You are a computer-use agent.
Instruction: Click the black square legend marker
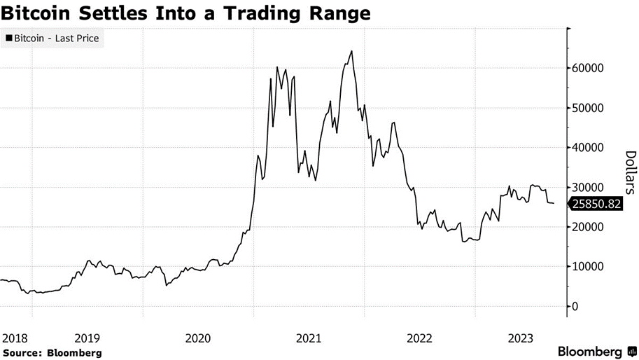(x=8, y=39)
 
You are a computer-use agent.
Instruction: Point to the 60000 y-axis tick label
(x=590, y=69)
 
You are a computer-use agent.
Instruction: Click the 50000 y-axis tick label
(x=590, y=108)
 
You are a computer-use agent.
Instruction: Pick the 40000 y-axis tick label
(x=590, y=148)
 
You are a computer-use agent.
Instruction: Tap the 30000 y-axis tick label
(x=590, y=188)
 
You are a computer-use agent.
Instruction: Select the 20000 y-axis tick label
(x=590, y=227)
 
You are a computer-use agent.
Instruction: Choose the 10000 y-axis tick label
(x=590, y=267)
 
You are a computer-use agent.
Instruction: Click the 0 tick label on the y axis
(x=575, y=306)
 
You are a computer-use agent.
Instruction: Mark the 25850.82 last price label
(x=596, y=205)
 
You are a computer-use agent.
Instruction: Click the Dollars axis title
(x=630, y=172)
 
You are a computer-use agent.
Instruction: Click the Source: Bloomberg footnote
(x=52, y=353)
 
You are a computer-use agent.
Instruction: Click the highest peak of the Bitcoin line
(x=351, y=51)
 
